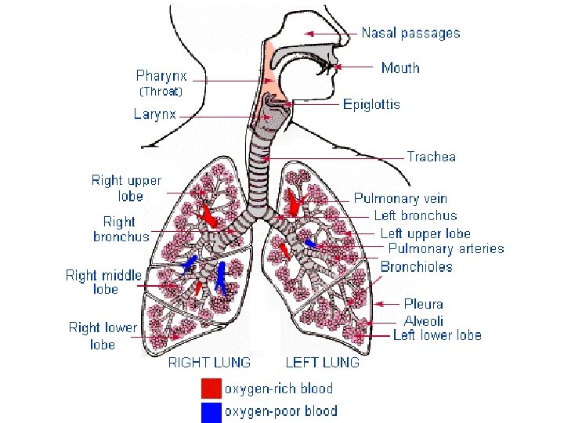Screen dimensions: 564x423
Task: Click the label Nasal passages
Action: pyautogui.click(x=410, y=33)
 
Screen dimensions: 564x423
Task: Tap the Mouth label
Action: pyautogui.click(x=400, y=68)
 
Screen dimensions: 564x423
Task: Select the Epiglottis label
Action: pyautogui.click(x=371, y=103)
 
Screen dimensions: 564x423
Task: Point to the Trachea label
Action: pyautogui.click(x=431, y=157)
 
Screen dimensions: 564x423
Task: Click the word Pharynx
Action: pyautogui.click(x=162, y=76)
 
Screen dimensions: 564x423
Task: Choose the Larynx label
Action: pyautogui.click(x=154, y=114)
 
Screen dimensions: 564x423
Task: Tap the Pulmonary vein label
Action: pyautogui.click(x=400, y=199)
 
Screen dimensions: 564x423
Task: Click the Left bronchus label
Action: pyautogui.click(x=415, y=215)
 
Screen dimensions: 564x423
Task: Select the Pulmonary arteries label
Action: pyautogui.click(x=446, y=249)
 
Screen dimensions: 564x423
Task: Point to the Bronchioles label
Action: pyautogui.click(x=417, y=267)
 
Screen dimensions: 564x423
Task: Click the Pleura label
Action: pyautogui.click(x=424, y=304)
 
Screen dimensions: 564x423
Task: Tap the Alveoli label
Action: pyautogui.click(x=424, y=321)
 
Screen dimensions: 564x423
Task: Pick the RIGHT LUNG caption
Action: pyautogui.click(x=210, y=363)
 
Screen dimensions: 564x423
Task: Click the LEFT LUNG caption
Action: pyautogui.click(x=323, y=363)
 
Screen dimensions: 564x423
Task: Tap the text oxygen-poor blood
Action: pyautogui.click(x=280, y=411)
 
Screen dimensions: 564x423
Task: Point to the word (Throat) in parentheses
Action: pyautogui.click(x=161, y=92)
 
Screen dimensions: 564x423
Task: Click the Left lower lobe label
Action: pyautogui.click(x=437, y=335)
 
